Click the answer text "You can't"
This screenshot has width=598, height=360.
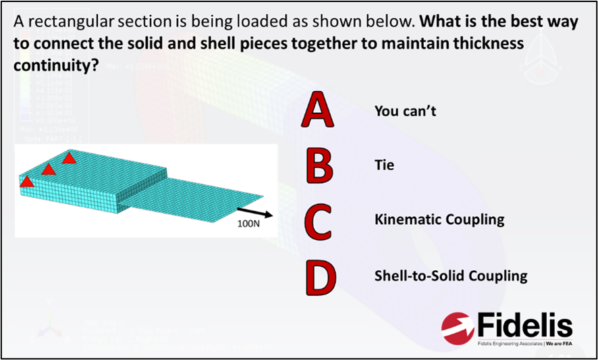click(405, 110)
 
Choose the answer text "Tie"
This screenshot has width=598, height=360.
click(384, 164)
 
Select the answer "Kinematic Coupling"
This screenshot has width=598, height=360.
click(439, 220)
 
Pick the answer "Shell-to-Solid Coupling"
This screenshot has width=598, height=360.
click(450, 276)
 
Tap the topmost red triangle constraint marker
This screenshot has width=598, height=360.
click(69, 157)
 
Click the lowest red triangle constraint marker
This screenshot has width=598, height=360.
click(26, 180)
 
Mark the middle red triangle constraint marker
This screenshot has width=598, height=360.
click(48, 168)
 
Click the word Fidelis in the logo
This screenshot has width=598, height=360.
click(524, 326)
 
